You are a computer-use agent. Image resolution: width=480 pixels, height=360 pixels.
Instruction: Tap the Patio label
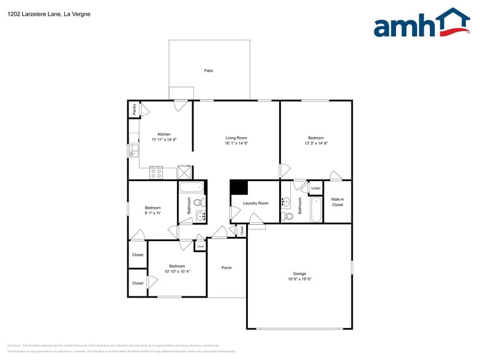[x=209, y=71]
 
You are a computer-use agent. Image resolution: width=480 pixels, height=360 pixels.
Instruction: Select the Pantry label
[x=134, y=110]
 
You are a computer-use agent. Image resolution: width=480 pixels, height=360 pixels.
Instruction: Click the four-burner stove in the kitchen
[x=156, y=173]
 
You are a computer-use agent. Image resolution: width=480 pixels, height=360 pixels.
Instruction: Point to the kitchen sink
[x=133, y=151]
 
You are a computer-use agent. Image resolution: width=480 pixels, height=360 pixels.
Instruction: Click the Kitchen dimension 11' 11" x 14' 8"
[x=164, y=140]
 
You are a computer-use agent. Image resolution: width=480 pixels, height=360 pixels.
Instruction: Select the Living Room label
[x=236, y=138]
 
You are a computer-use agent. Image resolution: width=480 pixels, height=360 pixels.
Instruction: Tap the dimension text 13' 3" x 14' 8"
[x=316, y=143]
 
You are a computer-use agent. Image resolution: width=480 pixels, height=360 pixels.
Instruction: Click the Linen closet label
[x=316, y=188]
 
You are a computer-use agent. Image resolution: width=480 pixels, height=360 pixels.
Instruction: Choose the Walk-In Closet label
[x=337, y=201]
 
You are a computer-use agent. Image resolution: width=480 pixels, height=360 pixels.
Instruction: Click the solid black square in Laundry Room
[x=239, y=187]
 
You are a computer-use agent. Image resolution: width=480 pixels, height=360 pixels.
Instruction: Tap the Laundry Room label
[x=255, y=203]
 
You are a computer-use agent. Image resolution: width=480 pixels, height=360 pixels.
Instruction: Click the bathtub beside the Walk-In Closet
[x=316, y=209]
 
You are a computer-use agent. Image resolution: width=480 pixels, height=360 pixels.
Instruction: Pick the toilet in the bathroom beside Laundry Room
[x=288, y=216]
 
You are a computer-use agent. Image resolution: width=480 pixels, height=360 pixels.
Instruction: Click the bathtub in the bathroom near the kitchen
[x=192, y=188]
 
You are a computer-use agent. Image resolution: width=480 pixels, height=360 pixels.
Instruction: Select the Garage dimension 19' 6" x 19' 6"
[x=299, y=279]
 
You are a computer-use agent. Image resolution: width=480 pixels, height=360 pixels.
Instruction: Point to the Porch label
[x=227, y=268]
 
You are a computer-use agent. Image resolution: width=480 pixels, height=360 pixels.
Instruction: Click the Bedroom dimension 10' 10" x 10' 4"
[x=177, y=271]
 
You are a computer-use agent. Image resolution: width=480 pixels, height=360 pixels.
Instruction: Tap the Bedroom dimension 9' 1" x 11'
[x=152, y=213]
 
